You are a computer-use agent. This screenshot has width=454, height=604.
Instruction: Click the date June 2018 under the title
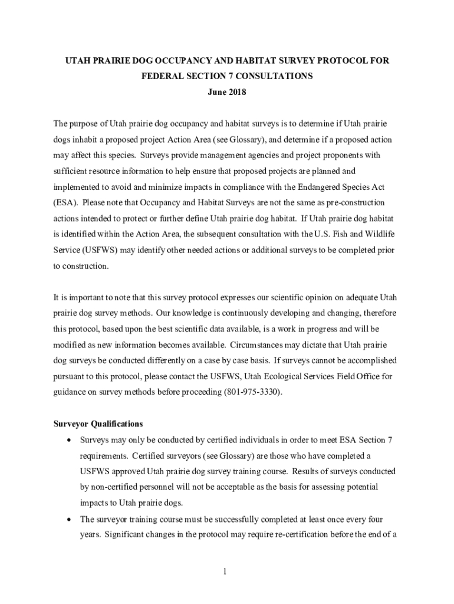click(227, 92)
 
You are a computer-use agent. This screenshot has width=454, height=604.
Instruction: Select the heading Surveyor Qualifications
click(98, 424)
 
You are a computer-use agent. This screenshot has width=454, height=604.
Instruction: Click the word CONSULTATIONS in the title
click(272, 76)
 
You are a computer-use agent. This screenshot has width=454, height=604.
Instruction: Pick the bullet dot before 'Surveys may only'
click(71, 441)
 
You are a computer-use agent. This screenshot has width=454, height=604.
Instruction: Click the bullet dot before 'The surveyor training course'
click(71, 520)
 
